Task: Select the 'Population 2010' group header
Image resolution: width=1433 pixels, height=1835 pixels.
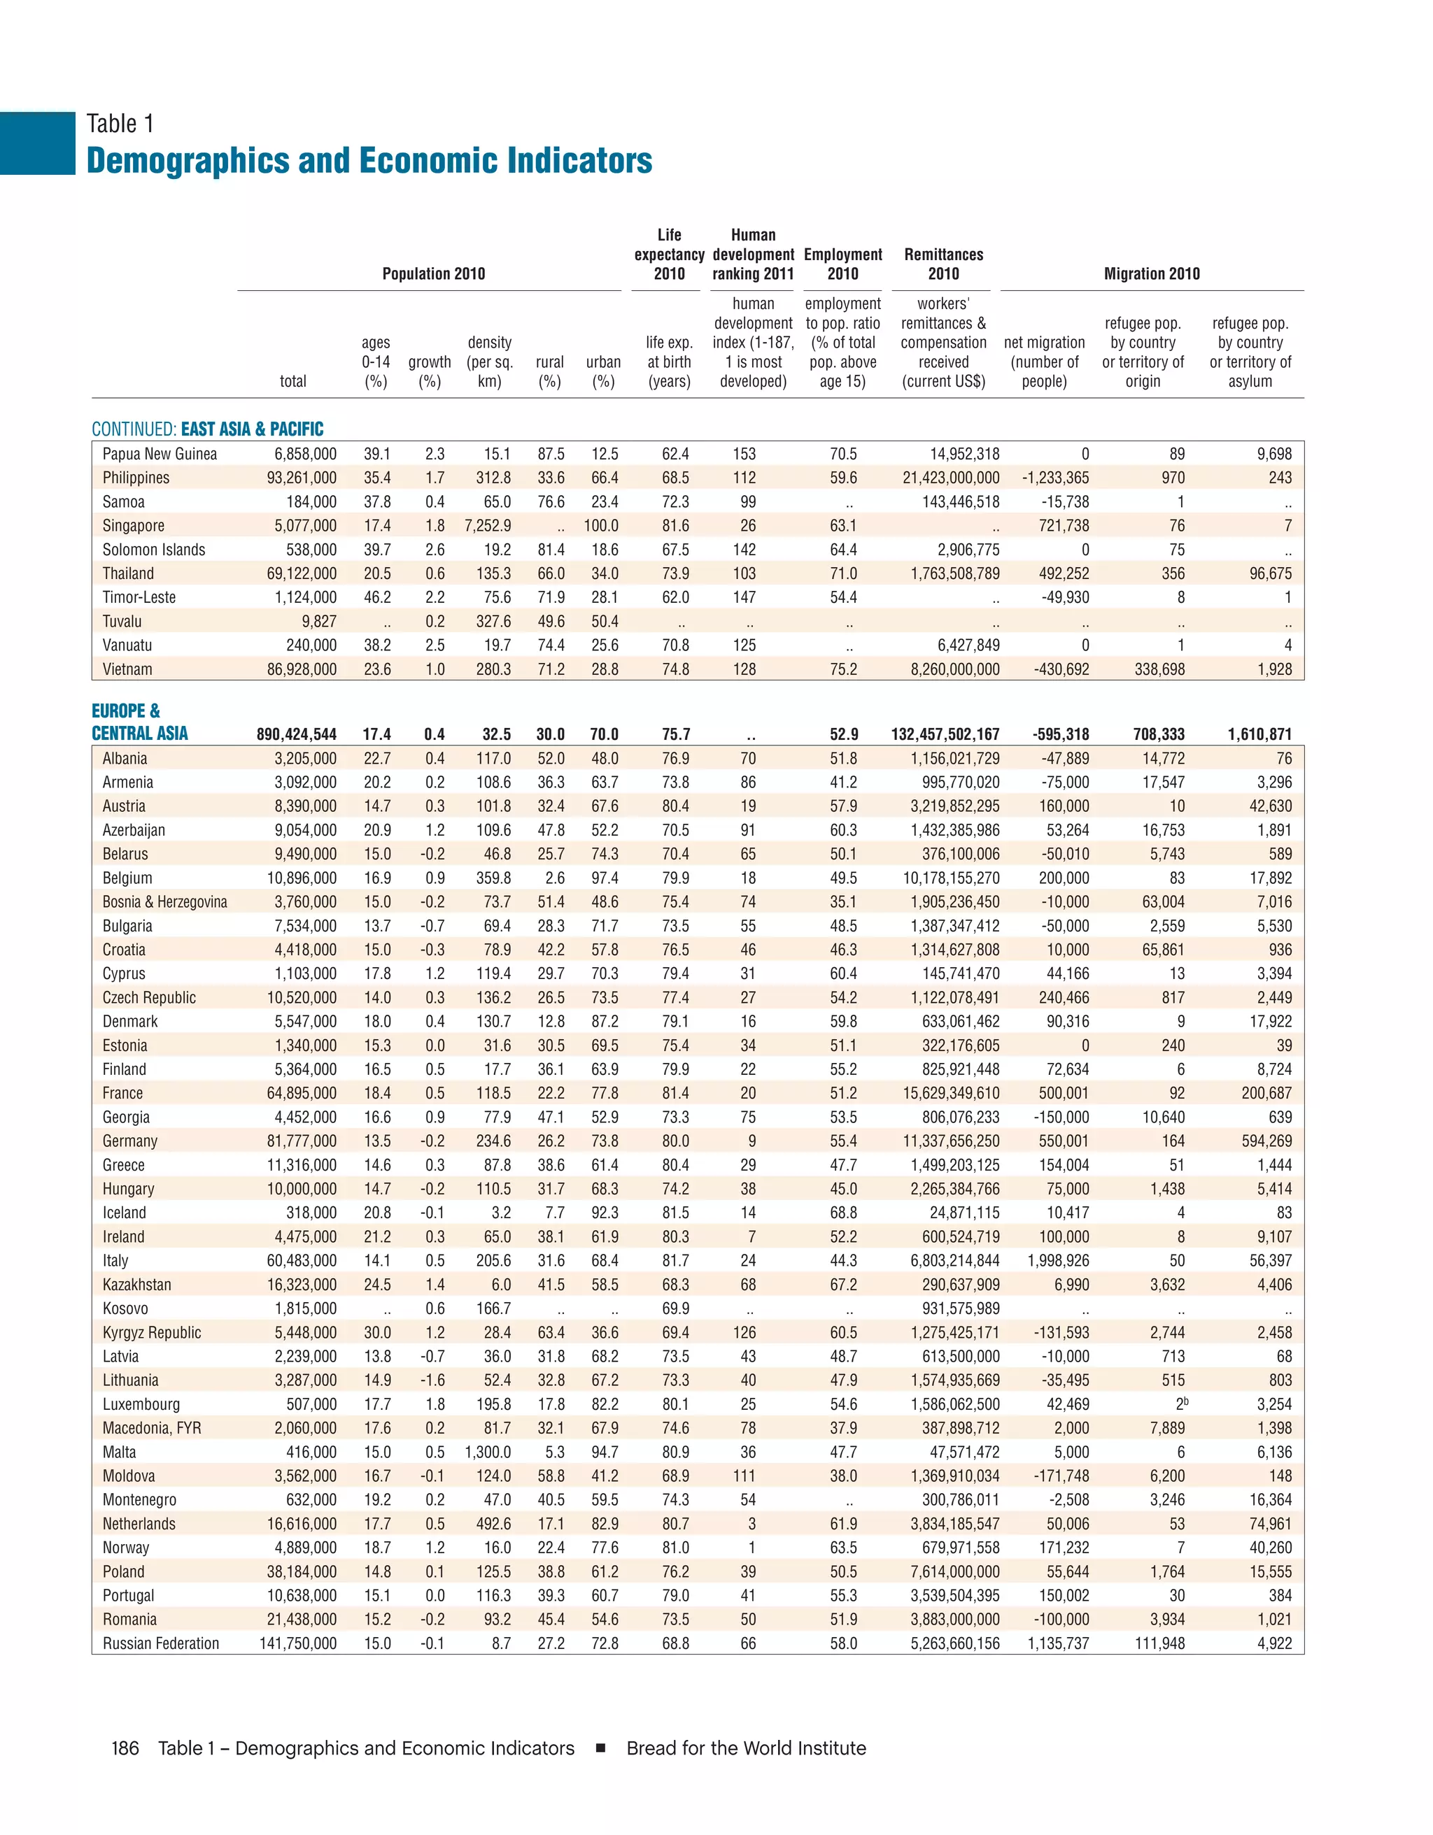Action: [433, 274]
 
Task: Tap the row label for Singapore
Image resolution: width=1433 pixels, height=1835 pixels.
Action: [133, 526]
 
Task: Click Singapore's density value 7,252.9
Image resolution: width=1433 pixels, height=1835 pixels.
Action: [488, 526]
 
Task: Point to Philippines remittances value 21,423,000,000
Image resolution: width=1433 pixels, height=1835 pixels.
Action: [951, 478]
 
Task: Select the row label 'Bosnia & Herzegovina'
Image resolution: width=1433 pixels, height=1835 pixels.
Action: [164, 902]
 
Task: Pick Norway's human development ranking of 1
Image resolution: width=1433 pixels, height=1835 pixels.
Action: [751, 1548]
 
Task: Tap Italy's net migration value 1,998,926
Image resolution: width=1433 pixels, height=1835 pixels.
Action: [1057, 1261]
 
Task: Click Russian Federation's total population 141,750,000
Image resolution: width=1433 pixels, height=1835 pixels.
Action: [297, 1644]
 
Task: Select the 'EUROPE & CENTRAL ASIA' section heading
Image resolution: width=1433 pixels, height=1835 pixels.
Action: [139, 722]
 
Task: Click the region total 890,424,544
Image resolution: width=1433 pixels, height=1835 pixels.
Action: [296, 735]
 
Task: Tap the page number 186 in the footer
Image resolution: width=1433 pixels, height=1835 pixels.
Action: [125, 1748]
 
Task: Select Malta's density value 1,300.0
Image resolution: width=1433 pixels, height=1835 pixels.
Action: [488, 1452]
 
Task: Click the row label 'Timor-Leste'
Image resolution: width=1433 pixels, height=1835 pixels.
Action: [139, 598]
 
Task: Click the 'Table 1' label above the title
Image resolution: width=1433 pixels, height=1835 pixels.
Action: [120, 124]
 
